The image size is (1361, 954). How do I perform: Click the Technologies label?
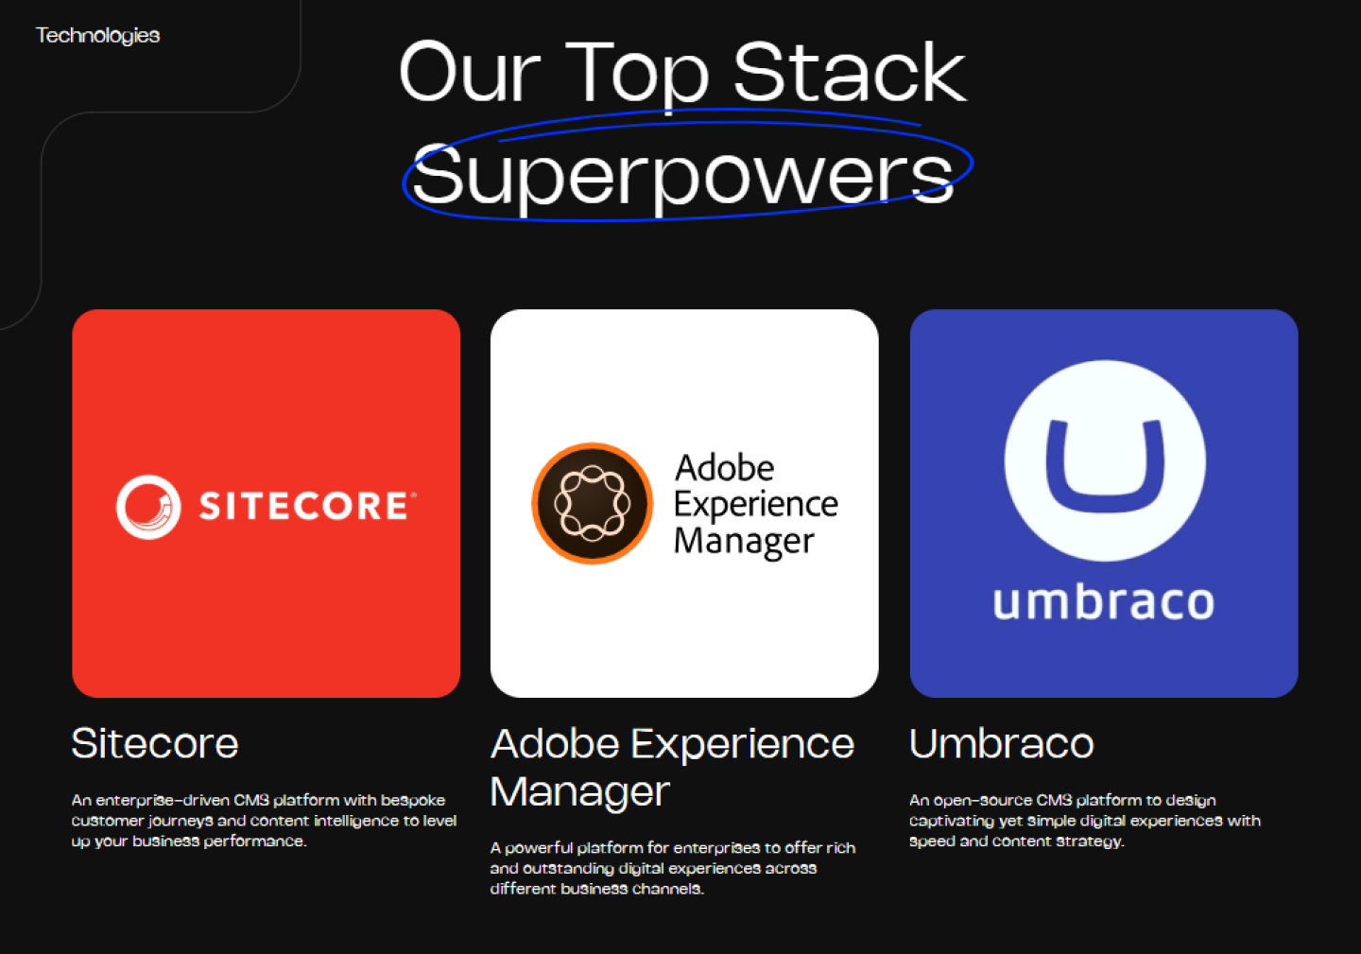[x=98, y=36]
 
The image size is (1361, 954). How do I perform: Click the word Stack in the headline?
[x=850, y=72]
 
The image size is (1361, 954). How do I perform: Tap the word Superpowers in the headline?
[x=682, y=177]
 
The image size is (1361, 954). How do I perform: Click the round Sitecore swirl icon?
[x=148, y=507]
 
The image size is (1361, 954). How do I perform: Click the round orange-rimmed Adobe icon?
[x=593, y=503]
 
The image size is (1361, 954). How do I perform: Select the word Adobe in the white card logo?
[x=725, y=468]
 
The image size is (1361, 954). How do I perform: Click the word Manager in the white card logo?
[x=745, y=542]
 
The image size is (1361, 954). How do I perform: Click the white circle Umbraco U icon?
[x=1105, y=460]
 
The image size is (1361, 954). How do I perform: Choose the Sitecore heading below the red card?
[x=155, y=743]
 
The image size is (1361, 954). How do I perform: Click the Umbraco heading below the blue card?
[x=1001, y=743]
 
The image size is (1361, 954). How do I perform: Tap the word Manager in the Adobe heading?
[x=579, y=791]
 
